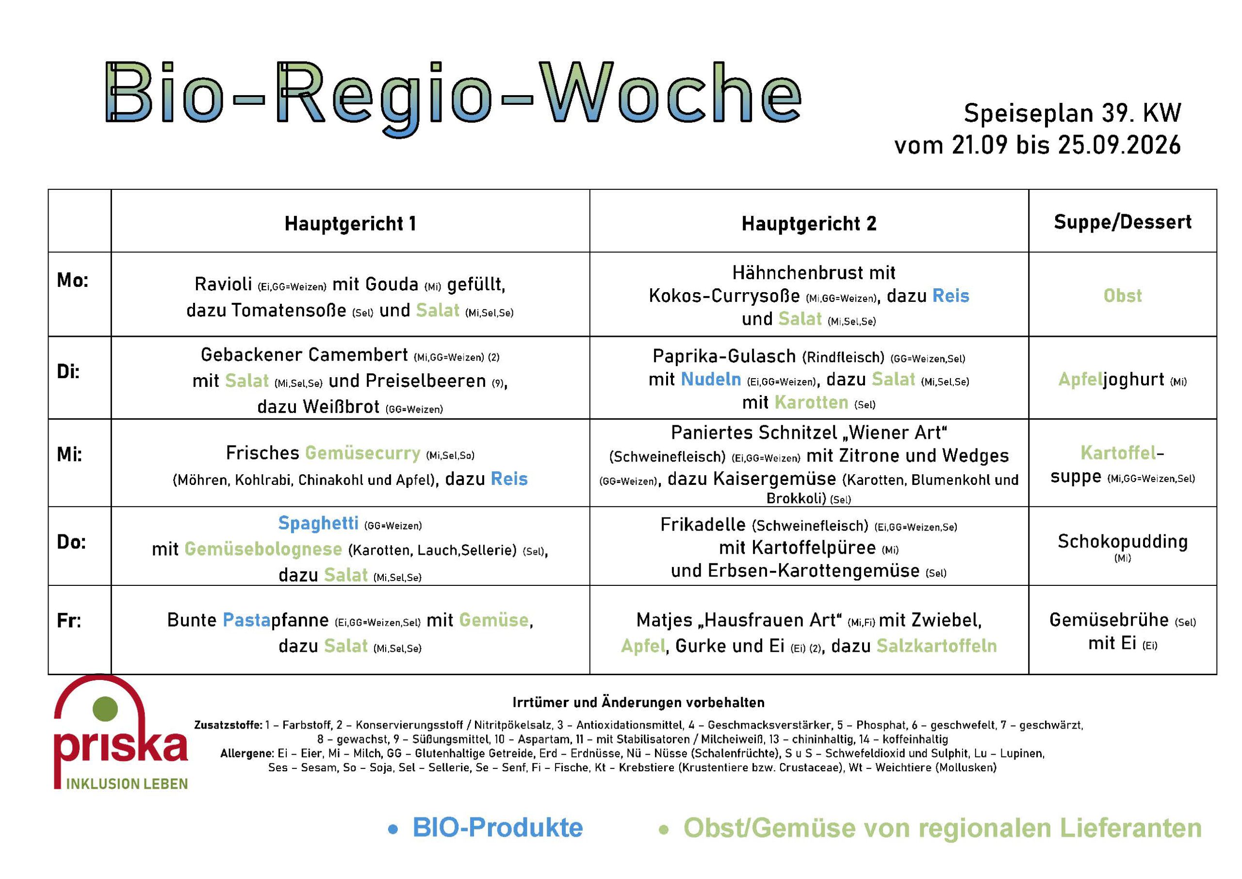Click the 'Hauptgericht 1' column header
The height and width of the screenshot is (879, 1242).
tap(351, 224)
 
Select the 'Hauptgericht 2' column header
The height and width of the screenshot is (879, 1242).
tap(809, 224)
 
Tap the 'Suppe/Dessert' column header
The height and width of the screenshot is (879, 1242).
tap(1123, 222)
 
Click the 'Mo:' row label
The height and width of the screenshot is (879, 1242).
tap(72, 281)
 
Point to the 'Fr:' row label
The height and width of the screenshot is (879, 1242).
tap(69, 621)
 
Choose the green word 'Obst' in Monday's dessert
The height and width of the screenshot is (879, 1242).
tap(1123, 296)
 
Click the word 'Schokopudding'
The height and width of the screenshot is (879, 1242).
tap(1123, 541)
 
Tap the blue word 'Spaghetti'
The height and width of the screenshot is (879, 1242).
tap(318, 523)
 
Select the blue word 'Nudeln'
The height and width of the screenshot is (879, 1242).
tap(711, 379)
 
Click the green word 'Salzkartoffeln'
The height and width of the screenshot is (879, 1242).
tap(936, 646)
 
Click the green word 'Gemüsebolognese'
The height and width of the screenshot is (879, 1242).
tap(263, 549)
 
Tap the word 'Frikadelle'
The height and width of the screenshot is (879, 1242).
tap(703, 525)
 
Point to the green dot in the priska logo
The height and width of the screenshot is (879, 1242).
tap(105, 709)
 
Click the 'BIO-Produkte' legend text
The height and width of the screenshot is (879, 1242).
tap(498, 828)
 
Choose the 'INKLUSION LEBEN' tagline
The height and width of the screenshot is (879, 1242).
tap(127, 784)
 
